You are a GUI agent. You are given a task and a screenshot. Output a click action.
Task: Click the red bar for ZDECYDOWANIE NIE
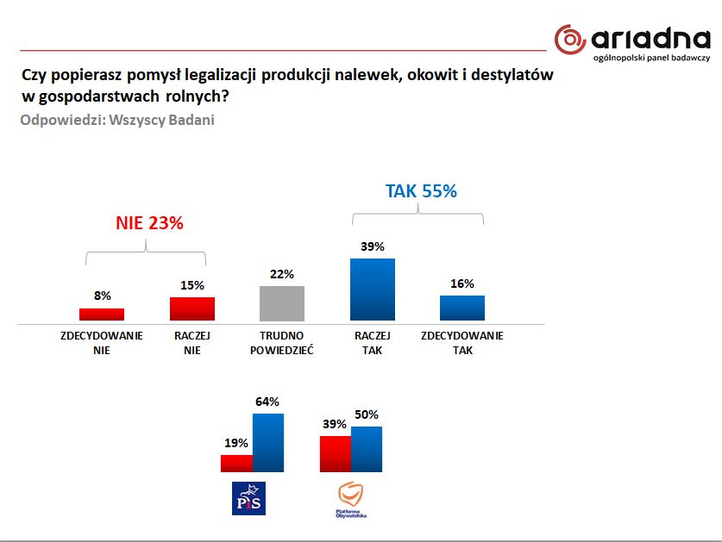[102, 315]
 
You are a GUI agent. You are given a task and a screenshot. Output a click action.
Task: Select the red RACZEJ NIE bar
[192, 309]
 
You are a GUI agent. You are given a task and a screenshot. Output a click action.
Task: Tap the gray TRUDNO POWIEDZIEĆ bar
[282, 303]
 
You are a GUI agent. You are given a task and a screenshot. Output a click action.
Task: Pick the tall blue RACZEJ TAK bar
[373, 290]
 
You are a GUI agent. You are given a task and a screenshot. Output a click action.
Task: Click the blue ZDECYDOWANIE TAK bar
[462, 308]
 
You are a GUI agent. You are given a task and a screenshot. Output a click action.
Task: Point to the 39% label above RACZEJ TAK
[373, 246]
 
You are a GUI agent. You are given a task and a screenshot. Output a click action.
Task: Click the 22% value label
[282, 274]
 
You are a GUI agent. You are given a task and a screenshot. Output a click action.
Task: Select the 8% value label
[102, 296]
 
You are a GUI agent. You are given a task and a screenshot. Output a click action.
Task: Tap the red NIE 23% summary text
[149, 222]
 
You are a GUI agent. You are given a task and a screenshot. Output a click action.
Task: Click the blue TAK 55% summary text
[421, 191]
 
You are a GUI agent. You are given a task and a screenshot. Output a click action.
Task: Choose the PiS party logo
[249, 498]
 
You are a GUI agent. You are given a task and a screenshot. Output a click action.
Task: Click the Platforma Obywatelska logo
[351, 500]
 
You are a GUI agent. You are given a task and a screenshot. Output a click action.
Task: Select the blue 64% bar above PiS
[267, 443]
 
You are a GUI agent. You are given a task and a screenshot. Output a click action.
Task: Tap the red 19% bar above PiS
[236, 464]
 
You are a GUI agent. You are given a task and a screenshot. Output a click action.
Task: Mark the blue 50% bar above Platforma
[367, 449]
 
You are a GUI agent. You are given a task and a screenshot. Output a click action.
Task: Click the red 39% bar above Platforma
[336, 454]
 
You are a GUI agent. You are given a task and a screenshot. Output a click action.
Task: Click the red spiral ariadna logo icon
[570, 39]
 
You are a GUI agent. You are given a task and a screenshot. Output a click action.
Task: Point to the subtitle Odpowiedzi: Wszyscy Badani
[117, 120]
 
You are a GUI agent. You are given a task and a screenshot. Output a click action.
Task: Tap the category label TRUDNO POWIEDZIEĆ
[282, 343]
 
